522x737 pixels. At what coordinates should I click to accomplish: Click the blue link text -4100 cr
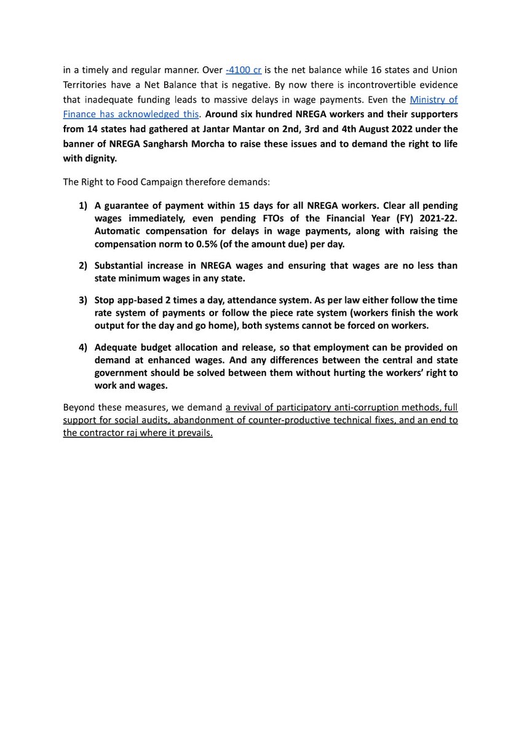[244, 69]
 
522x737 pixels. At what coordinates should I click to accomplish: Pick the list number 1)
[83, 205]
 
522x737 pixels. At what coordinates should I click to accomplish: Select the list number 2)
[83, 265]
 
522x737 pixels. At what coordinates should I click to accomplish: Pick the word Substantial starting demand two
[120, 265]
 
